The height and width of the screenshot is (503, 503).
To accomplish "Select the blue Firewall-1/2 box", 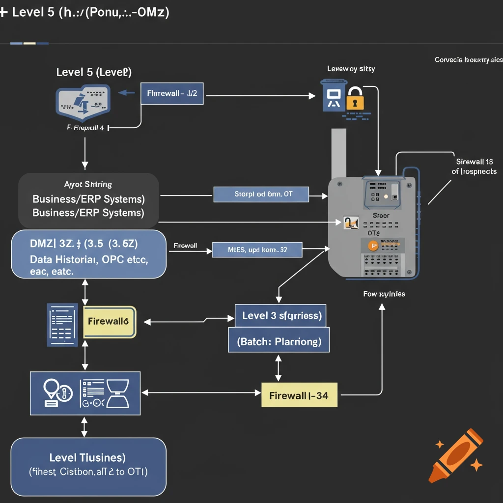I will coord(172,93).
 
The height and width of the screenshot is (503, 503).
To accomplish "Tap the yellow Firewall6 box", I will coord(110,322).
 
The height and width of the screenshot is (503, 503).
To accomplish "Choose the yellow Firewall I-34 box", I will coord(299,395).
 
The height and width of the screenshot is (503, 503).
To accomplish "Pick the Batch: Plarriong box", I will coord(279,341).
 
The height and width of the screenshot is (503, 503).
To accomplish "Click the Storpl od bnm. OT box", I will coord(261,194).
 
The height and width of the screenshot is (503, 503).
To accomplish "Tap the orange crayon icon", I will coord(455,454).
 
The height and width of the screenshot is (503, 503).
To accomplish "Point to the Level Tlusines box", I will coord(88,466).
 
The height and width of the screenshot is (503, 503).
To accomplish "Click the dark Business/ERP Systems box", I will coord(88,199).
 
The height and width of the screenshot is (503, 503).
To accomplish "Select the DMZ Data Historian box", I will coord(88,253).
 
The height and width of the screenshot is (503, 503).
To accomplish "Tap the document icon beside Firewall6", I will coord(62,325).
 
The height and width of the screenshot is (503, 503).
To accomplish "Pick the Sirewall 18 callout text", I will coord(474,167).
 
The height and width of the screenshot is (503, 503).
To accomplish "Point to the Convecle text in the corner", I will coord(468,60).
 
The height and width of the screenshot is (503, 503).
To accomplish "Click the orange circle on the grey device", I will coord(373,246).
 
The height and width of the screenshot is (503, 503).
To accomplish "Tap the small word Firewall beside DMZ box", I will coord(186,246).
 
